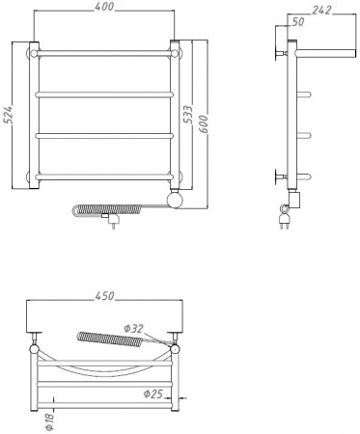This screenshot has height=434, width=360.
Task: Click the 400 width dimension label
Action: coord(105,8)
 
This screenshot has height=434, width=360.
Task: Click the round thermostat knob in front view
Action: coord(177,201)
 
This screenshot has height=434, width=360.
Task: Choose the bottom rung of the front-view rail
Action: coord(105,177)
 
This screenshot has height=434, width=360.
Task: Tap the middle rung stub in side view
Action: coord(304,134)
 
